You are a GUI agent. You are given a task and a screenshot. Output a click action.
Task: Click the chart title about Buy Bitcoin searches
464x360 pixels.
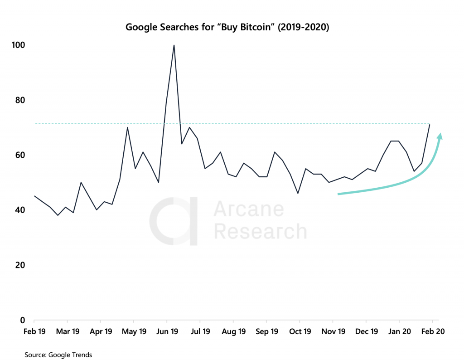pyautogui.click(x=227, y=27)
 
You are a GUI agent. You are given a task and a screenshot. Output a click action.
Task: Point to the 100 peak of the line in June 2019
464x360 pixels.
pyautogui.click(x=174, y=45)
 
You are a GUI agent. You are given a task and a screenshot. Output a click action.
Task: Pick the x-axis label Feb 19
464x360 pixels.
pyautogui.click(x=34, y=331)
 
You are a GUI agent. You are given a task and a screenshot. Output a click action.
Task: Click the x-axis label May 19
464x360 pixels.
pyautogui.click(x=134, y=331)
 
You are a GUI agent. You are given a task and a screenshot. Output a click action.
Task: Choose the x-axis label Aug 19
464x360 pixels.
pyautogui.click(x=234, y=331)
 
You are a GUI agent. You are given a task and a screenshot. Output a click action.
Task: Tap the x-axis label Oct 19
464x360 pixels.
pyautogui.click(x=300, y=331)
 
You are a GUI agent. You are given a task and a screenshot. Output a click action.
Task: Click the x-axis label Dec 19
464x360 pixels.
pyautogui.click(x=366, y=331)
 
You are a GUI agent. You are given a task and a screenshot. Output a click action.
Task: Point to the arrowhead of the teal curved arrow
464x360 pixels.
pyautogui.click(x=439, y=136)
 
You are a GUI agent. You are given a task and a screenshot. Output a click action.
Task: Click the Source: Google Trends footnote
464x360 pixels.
pyautogui.click(x=58, y=355)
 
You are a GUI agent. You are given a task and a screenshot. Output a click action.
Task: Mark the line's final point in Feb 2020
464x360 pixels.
pyautogui.click(x=430, y=125)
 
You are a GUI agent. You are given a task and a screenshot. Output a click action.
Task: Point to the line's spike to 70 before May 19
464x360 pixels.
pyautogui.click(x=127, y=127)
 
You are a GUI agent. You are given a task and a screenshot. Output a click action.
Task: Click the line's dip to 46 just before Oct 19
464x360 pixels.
pyautogui.click(x=298, y=194)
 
